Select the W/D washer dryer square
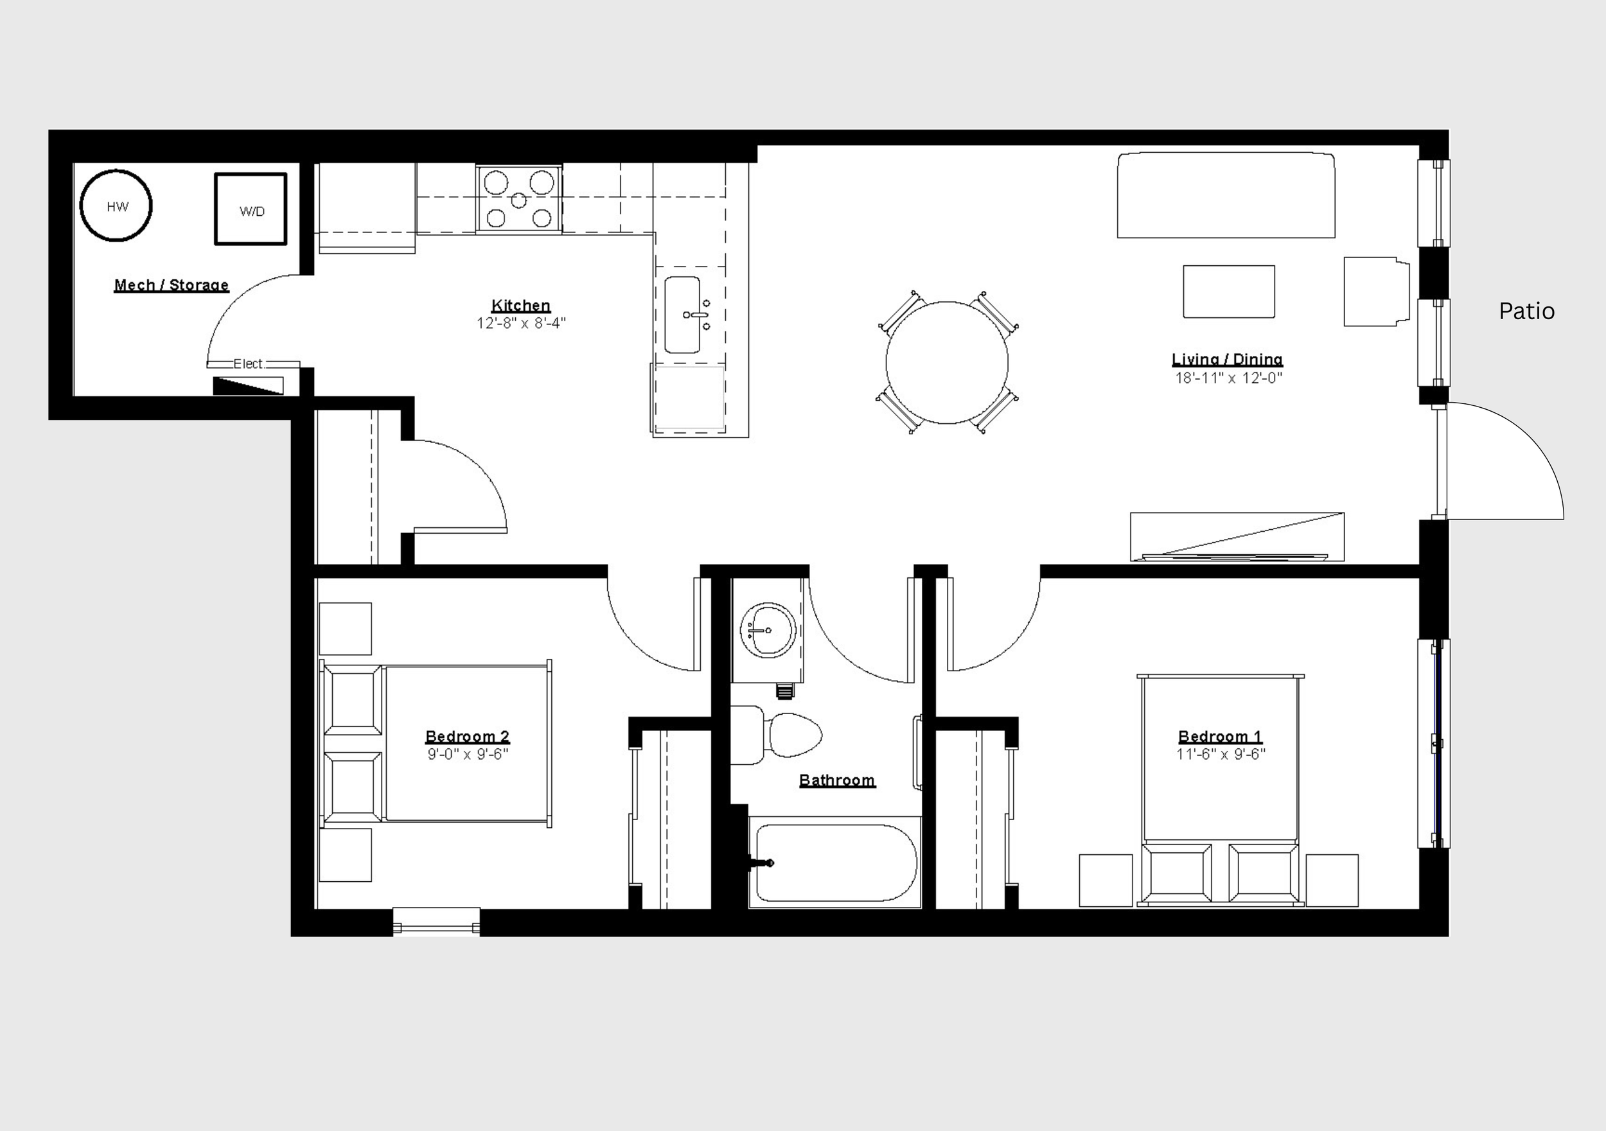click(x=251, y=209)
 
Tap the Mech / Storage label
click(x=172, y=285)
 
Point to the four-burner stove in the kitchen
click(x=518, y=199)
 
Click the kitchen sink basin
click(x=682, y=315)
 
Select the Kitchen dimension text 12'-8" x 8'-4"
click(x=521, y=323)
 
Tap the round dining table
click(x=947, y=362)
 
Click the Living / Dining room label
click(x=1228, y=360)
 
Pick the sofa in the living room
click(x=1226, y=196)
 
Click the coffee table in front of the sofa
click(x=1229, y=292)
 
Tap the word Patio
click(x=1527, y=311)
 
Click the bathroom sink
click(x=768, y=630)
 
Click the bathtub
click(x=836, y=863)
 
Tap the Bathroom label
click(x=837, y=780)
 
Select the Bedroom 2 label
click(x=467, y=737)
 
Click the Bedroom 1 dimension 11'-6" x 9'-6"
click(x=1221, y=755)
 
